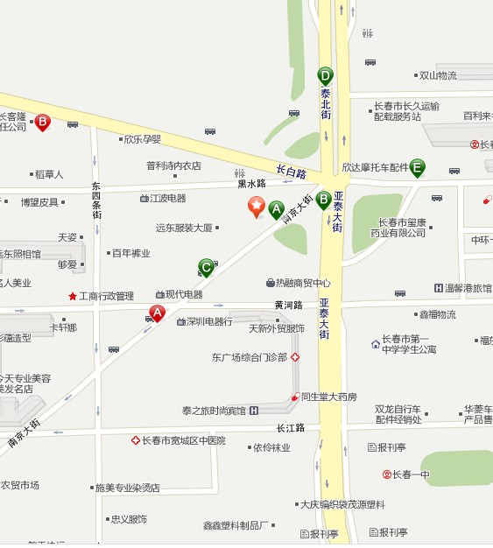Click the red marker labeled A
(x=158, y=313)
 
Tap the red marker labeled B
(x=42, y=123)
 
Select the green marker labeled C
(x=207, y=266)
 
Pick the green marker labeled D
(x=326, y=76)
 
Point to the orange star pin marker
(x=257, y=207)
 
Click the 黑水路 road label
(x=251, y=184)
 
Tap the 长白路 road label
(x=291, y=170)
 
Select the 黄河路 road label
(x=288, y=306)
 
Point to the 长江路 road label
(x=289, y=428)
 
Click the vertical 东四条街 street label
(x=97, y=200)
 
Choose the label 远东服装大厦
(x=184, y=228)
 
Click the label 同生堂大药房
(x=328, y=397)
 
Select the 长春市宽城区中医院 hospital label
(x=183, y=440)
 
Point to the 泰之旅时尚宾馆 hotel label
(x=215, y=410)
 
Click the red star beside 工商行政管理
(x=73, y=296)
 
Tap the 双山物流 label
(x=437, y=75)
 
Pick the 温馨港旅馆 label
(x=468, y=288)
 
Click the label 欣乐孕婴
(x=142, y=139)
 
